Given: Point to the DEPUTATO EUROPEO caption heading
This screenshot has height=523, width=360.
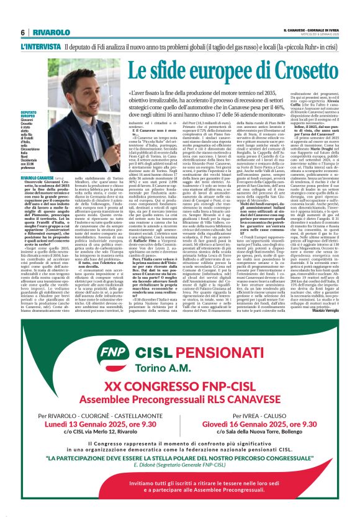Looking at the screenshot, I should (29, 116).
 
